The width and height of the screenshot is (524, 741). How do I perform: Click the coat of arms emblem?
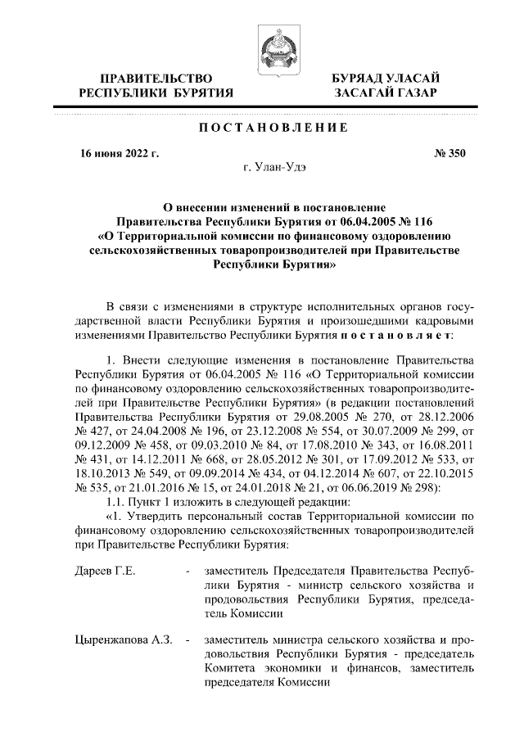point(272,47)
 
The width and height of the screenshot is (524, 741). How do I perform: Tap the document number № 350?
point(447,153)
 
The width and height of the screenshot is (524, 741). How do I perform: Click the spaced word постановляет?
point(400,337)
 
